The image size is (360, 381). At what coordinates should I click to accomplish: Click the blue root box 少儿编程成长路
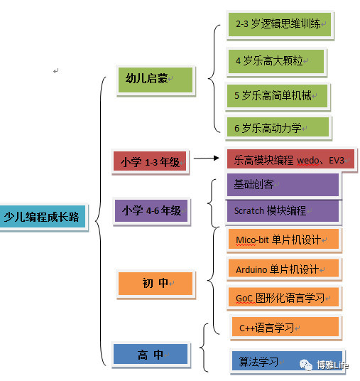pos(43,217)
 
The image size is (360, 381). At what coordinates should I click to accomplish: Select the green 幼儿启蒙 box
pos(156,80)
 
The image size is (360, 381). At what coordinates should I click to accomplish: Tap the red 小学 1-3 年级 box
pos(150,161)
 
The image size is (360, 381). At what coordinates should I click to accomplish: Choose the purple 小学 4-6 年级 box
pos(151,210)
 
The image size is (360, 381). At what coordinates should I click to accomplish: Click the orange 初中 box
pos(156,284)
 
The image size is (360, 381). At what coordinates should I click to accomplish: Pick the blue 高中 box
pos(151,354)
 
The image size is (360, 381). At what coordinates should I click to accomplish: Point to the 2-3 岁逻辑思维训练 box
pos(280,24)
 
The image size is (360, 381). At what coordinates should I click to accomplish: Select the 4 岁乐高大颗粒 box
pos(276,61)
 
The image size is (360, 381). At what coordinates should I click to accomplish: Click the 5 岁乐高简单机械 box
pos(277,96)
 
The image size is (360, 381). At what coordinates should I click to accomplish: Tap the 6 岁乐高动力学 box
pos(278,128)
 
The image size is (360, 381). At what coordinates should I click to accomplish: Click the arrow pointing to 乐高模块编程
pos(207,159)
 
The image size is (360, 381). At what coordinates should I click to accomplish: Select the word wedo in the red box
pos(307,161)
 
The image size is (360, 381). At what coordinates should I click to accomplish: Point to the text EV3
pos(337,161)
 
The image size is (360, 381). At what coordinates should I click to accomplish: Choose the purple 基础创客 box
pos(283,185)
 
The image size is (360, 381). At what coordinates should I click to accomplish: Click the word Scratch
pos(249,210)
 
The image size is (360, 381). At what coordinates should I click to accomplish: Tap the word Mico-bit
pos(253,240)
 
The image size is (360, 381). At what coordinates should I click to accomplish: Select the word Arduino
pos(251,269)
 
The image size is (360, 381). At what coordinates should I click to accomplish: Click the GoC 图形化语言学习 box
pos(283,297)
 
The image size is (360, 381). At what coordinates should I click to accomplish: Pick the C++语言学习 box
pos(285,327)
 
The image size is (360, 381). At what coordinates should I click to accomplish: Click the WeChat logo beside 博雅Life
pos(306,365)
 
